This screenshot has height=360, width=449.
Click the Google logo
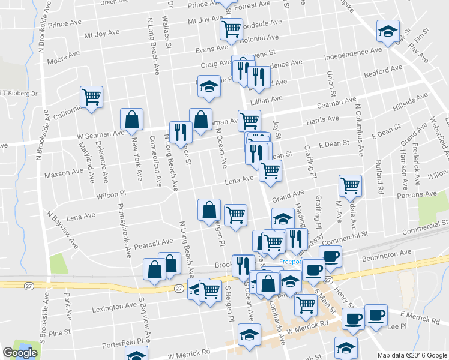pos(20,353)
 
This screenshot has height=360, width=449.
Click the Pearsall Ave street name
pos(154,244)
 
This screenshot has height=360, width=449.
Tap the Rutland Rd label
pos(381,176)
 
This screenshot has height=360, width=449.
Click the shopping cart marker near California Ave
pos(91,96)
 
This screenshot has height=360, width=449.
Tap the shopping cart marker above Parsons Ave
pos(350,184)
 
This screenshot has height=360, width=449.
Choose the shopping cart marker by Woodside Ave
pos(231,28)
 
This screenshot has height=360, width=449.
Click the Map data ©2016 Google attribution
pos(412,355)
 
